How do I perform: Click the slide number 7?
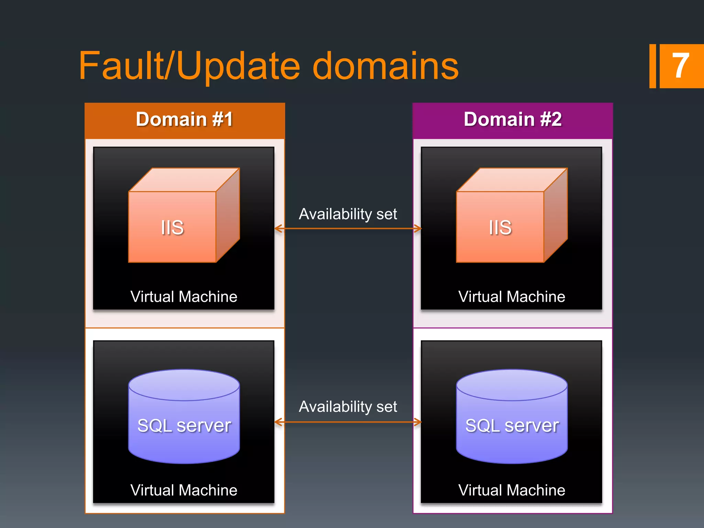tap(681, 66)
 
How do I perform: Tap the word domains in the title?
tap(385, 66)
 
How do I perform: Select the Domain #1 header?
tap(185, 120)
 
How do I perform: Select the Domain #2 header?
tap(513, 120)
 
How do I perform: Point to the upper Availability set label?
tap(348, 214)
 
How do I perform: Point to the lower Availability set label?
tap(348, 407)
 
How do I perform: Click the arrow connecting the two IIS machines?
tap(348, 229)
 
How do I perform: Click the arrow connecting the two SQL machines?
tap(348, 422)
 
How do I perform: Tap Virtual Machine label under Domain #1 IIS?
tap(184, 297)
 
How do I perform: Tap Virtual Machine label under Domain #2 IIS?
tap(512, 297)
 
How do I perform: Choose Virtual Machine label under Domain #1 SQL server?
tap(184, 490)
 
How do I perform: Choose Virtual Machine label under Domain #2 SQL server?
tap(512, 490)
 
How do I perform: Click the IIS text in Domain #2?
tap(500, 228)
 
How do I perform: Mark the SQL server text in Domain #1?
tap(184, 426)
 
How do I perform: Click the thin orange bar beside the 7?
tap(652, 66)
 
